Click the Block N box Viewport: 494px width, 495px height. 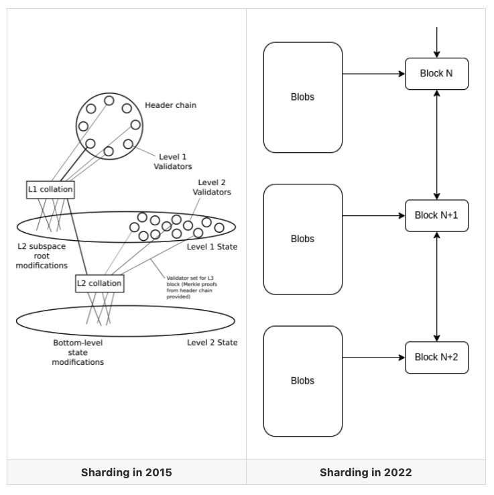point(436,74)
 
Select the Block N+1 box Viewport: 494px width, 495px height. point(436,215)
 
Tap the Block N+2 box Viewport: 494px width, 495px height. point(436,357)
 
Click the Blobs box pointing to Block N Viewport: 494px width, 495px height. point(303,97)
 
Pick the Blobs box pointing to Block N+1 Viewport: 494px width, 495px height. point(303,239)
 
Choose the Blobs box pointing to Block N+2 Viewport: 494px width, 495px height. point(303,381)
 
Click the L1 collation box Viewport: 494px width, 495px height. point(50,190)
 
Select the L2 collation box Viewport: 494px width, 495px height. point(99,283)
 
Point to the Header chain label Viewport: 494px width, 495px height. point(170,105)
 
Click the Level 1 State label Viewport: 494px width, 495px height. point(212,247)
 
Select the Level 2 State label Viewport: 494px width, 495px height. point(212,342)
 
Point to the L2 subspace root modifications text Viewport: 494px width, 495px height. point(42,256)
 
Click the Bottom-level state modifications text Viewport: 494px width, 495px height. point(78,352)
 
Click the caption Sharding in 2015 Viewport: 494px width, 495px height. point(126,472)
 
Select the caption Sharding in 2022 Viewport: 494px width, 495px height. point(365,472)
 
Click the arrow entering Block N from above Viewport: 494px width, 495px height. point(437,42)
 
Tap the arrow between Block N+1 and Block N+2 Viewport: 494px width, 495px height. point(437,286)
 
